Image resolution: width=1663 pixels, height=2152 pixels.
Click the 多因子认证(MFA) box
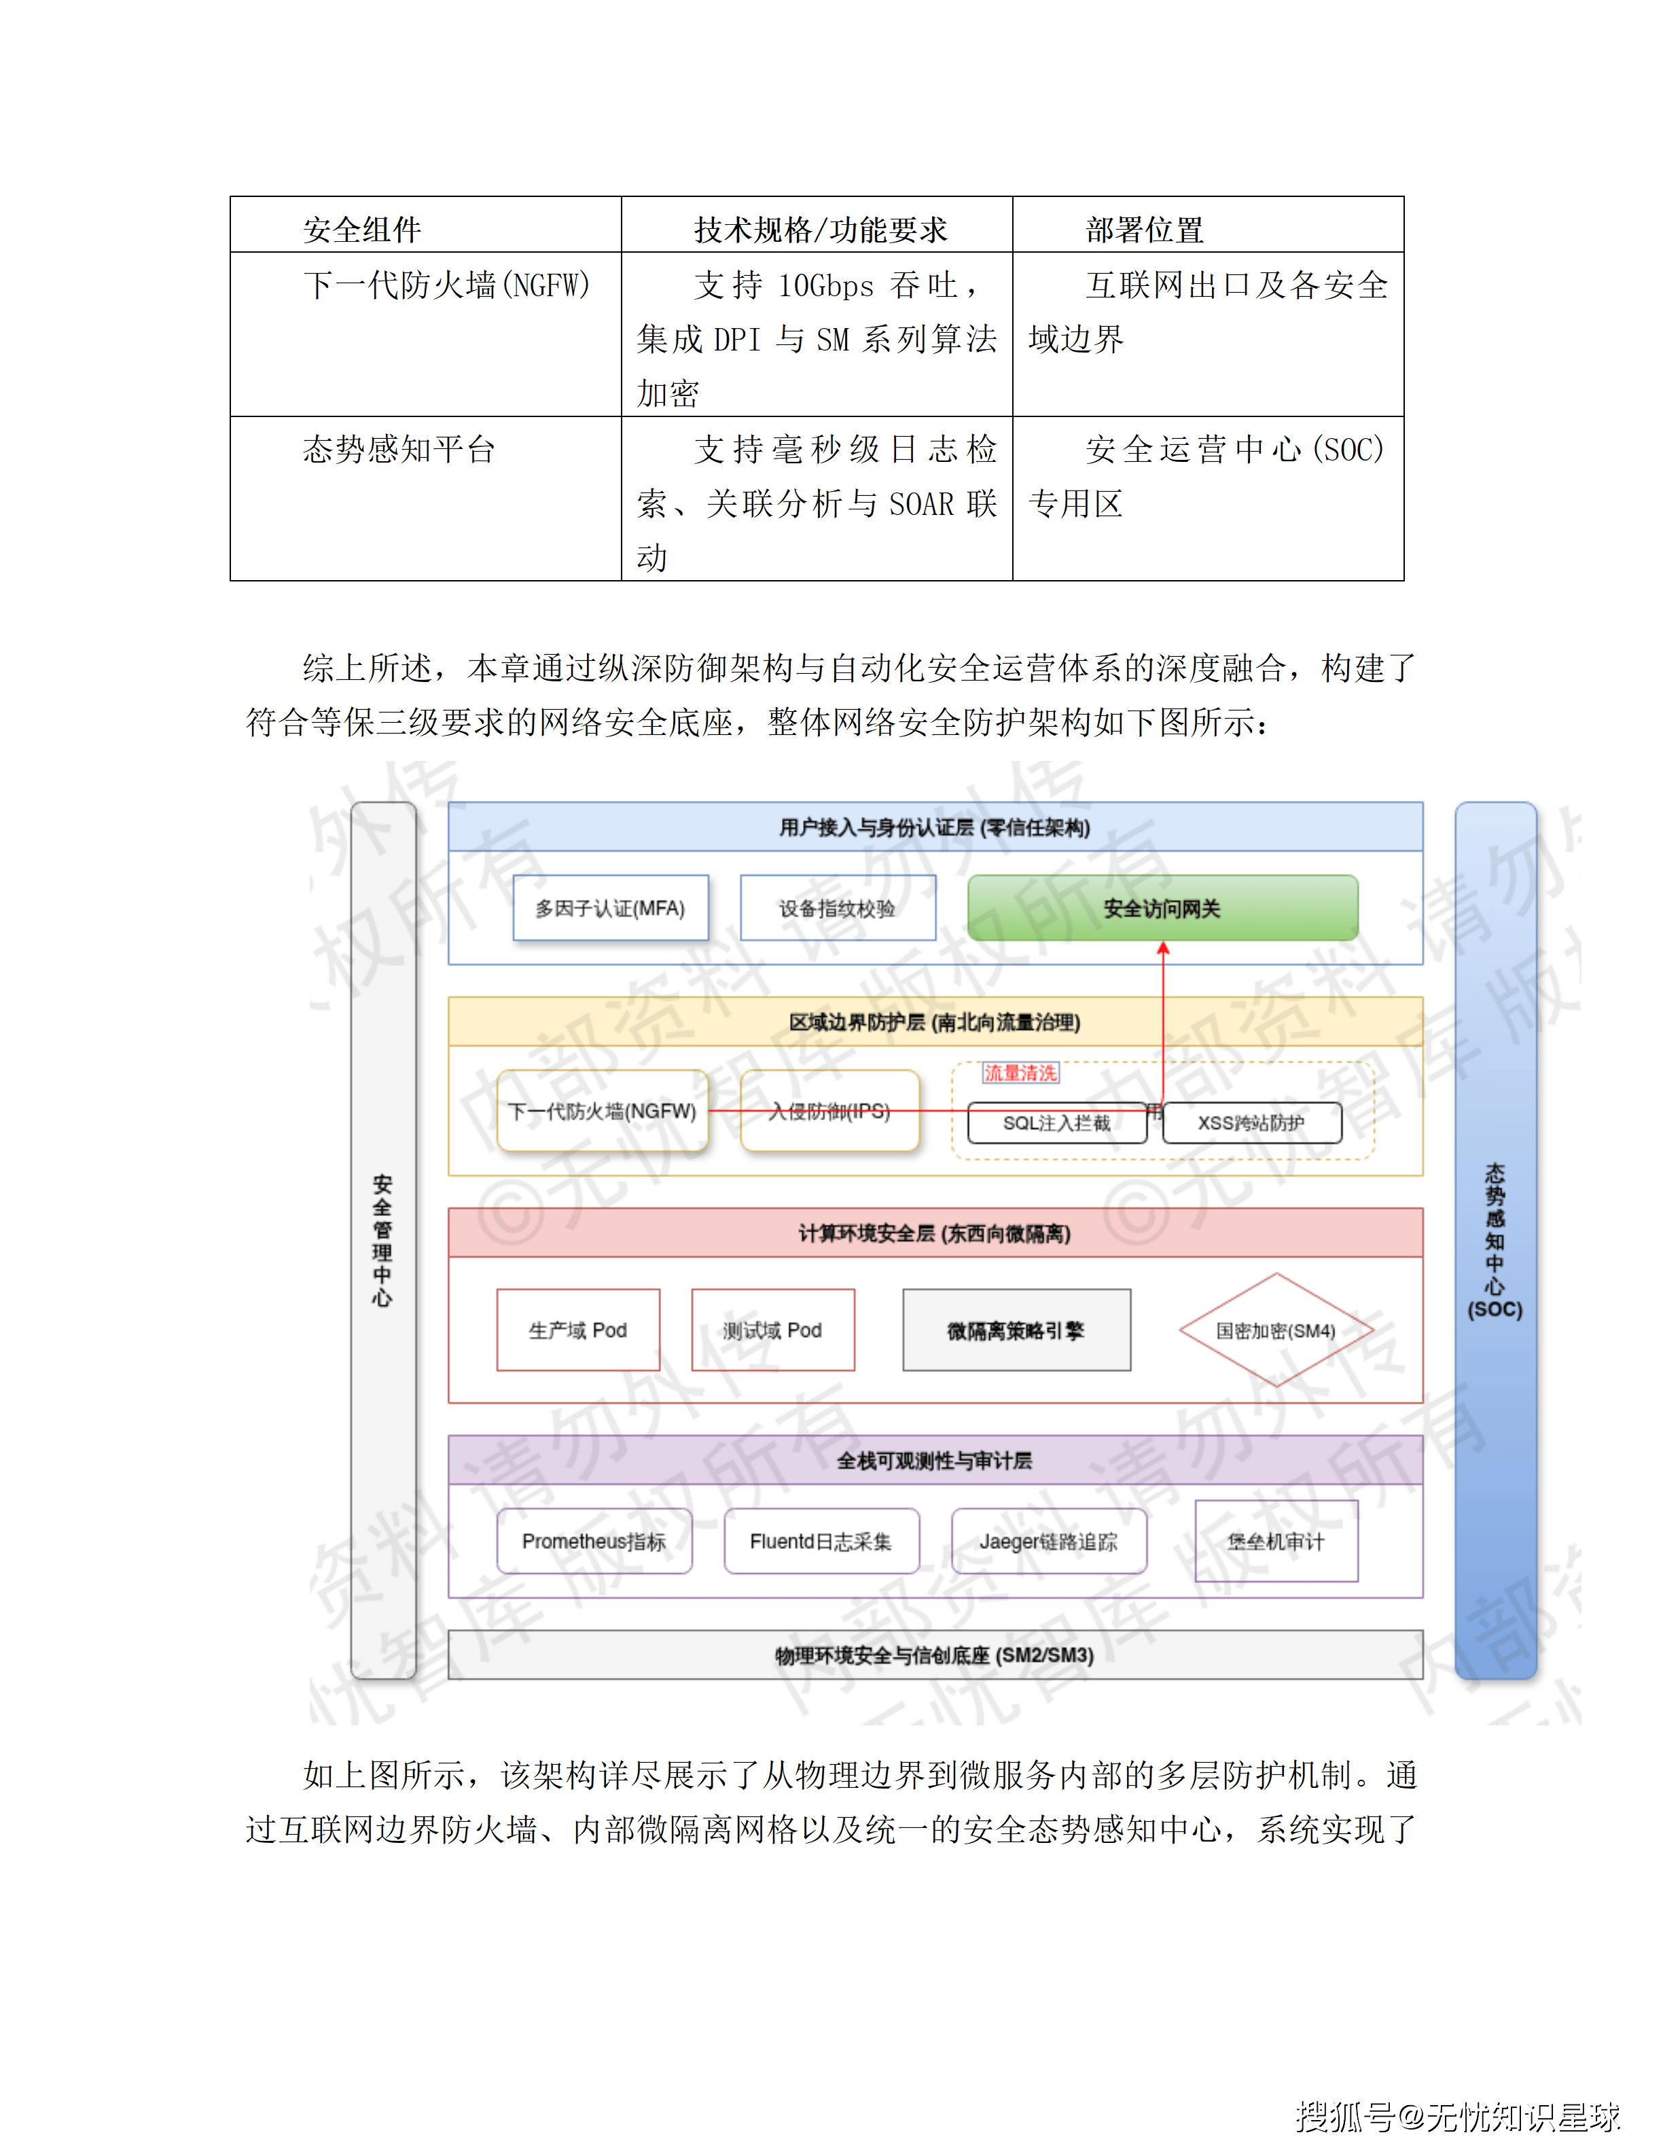click(610, 908)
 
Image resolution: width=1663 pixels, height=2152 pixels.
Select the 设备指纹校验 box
click(838, 908)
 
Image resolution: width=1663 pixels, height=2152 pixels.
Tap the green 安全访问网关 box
click(1162, 908)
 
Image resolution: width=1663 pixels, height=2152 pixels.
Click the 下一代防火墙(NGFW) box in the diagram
click(602, 1111)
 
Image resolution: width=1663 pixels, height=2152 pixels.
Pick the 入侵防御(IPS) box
click(829, 1111)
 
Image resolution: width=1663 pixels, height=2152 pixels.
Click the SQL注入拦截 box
click(1056, 1122)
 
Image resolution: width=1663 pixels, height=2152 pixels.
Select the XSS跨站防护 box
click(1251, 1122)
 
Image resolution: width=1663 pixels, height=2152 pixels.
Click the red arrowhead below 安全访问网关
click(1162, 948)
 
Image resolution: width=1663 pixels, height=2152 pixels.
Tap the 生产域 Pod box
click(578, 1329)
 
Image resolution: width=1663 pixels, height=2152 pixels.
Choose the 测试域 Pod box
click(772, 1329)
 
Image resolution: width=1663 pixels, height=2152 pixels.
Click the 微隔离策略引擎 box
click(1016, 1329)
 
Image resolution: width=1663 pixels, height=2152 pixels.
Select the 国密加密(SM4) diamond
click(1276, 1329)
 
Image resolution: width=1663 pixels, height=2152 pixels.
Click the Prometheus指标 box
click(594, 1540)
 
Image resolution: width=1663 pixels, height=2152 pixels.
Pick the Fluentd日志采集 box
click(821, 1540)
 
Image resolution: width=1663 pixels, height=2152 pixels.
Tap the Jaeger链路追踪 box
click(1048, 1540)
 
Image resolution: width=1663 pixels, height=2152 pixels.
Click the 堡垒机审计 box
click(1276, 1540)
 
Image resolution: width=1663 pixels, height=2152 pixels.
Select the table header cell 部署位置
click(1145, 230)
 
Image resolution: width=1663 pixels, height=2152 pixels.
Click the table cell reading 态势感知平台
click(399, 449)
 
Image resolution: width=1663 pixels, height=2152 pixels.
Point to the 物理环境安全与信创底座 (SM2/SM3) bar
click(934, 1654)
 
